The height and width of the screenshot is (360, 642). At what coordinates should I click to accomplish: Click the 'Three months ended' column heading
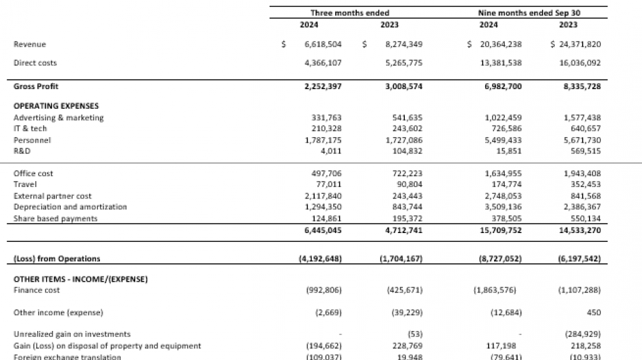(349, 13)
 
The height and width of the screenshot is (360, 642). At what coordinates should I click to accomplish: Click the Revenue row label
(30, 44)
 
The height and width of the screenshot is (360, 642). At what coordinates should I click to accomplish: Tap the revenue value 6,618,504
(323, 44)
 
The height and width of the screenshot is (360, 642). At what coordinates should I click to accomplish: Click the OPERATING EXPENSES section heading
(56, 106)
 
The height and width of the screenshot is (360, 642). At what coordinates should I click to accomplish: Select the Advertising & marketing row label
(59, 118)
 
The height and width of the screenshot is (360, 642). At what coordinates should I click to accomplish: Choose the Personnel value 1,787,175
(323, 140)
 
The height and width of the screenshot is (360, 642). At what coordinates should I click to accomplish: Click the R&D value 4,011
(330, 151)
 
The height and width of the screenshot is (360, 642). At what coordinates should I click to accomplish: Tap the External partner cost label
(53, 196)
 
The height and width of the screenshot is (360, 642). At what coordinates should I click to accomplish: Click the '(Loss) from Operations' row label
(57, 259)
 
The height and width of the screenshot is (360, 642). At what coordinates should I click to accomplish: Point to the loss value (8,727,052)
(497, 259)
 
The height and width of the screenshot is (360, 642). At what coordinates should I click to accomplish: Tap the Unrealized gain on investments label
(72, 334)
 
